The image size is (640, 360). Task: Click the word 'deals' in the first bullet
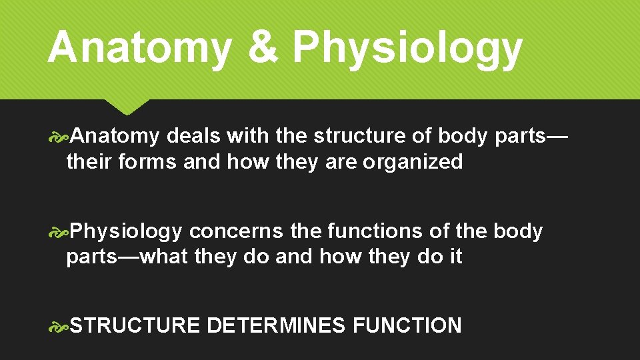pyautogui.click(x=193, y=136)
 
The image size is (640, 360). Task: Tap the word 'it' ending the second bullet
pyautogui.click(x=455, y=257)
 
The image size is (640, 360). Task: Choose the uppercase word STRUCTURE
pyautogui.click(x=135, y=326)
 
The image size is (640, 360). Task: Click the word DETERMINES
pyautogui.click(x=277, y=326)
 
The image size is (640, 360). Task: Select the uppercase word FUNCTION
pyautogui.click(x=407, y=326)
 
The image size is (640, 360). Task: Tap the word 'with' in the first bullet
pyautogui.click(x=248, y=136)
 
